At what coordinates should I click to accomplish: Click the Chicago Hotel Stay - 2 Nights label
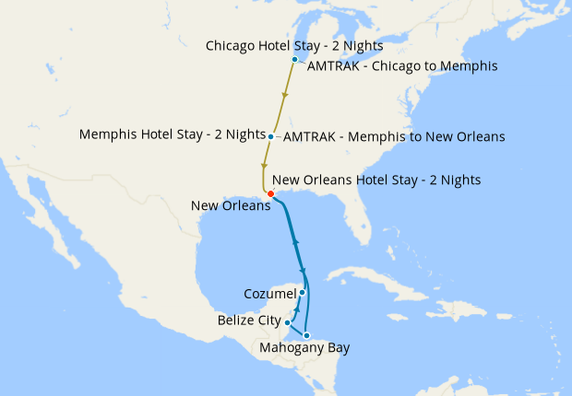294,45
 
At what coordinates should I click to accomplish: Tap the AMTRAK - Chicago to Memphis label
401,66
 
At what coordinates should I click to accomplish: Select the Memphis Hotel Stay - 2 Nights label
173,134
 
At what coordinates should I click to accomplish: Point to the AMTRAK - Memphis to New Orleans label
394,137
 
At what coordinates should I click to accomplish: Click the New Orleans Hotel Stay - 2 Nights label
376,180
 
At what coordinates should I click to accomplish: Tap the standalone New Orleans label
231,205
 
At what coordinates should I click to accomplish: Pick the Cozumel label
269,294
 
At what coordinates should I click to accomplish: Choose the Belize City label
250,320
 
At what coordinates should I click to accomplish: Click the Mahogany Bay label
305,348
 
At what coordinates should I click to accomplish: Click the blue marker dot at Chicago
294,60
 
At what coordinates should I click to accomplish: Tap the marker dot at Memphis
270,136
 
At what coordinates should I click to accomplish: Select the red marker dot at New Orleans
269,193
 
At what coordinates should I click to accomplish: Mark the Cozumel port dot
303,292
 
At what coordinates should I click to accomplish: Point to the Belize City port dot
288,323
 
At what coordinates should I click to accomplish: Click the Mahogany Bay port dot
306,335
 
